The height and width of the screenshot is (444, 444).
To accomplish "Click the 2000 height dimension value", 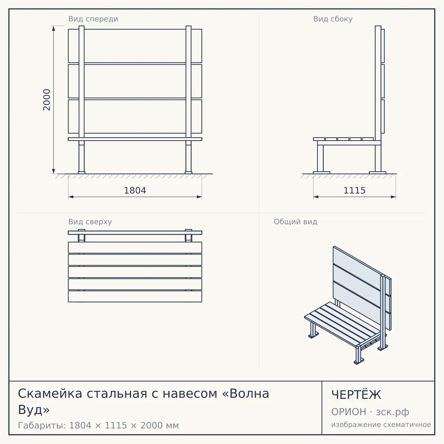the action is (47, 100).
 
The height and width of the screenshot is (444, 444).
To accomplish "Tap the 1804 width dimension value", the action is (135, 191).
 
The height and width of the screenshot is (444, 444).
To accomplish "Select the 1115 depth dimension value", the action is (354, 191).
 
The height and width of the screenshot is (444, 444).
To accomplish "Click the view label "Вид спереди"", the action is (93, 19).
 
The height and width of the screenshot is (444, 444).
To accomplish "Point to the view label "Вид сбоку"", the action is (333, 19).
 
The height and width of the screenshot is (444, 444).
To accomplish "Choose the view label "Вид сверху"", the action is (90, 222).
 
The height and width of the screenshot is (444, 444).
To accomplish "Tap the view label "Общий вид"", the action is (295, 222).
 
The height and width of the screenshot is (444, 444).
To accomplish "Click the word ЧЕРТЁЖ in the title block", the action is (356, 394).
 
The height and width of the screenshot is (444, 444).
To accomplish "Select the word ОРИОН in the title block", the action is (349, 412).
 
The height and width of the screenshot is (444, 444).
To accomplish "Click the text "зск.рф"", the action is (393, 412).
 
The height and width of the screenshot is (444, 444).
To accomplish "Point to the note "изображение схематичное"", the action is (381, 424).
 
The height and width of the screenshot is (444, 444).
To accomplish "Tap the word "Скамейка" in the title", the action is (50, 393).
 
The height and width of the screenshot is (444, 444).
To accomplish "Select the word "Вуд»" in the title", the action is (34, 410).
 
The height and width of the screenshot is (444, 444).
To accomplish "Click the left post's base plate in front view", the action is (81, 172).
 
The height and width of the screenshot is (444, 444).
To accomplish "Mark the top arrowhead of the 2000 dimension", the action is (53, 28).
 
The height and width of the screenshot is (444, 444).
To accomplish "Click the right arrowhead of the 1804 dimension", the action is (199, 197).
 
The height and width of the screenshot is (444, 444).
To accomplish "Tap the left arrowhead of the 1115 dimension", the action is (316, 197).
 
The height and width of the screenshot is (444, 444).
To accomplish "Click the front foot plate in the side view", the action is (322, 172).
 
